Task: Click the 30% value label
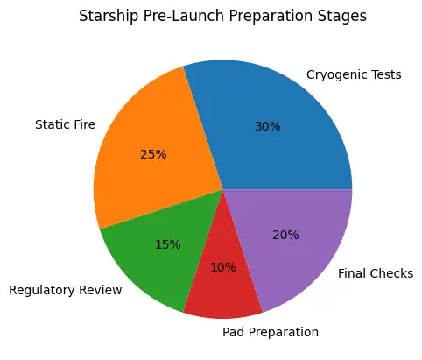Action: pyautogui.click(x=267, y=126)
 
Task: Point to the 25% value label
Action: pyautogui.click(x=153, y=154)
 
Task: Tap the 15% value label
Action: pyautogui.click(x=168, y=244)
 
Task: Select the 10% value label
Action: pyautogui.click(x=223, y=267)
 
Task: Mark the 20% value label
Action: pyautogui.click(x=285, y=235)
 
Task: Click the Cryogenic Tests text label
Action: pyautogui.click(x=354, y=74)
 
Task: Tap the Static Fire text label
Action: pyautogui.click(x=65, y=124)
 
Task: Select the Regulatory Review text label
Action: pyautogui.click(x=65, y=290)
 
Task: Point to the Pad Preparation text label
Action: pyautogui.click(x=271, y=332)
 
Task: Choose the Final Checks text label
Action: pyautogui.click(x=375, y=274)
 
